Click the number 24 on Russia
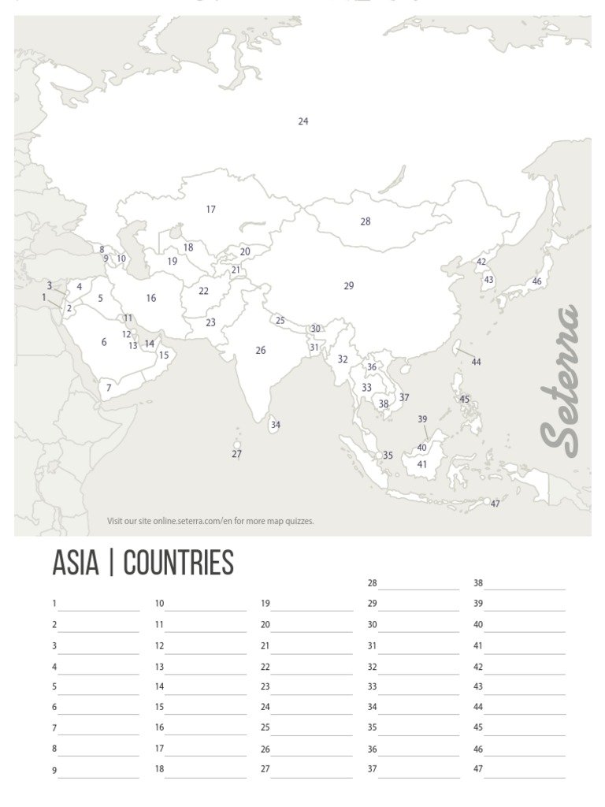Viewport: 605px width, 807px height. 303,121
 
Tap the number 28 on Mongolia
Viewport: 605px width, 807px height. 366,221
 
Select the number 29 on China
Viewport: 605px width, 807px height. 349,286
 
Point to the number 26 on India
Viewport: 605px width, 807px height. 261,351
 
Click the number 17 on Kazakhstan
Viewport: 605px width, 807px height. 210,210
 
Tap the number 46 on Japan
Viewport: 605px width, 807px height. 536,281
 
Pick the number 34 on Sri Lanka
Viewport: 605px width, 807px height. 276,425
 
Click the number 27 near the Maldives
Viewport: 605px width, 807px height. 236,455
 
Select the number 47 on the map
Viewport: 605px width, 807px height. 496,504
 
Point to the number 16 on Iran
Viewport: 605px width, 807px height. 151,298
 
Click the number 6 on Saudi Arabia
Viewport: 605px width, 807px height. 104,342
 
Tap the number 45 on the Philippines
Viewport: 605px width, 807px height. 465,400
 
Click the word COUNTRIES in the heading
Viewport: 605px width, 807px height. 179,563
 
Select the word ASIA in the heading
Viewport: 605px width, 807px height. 75,563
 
